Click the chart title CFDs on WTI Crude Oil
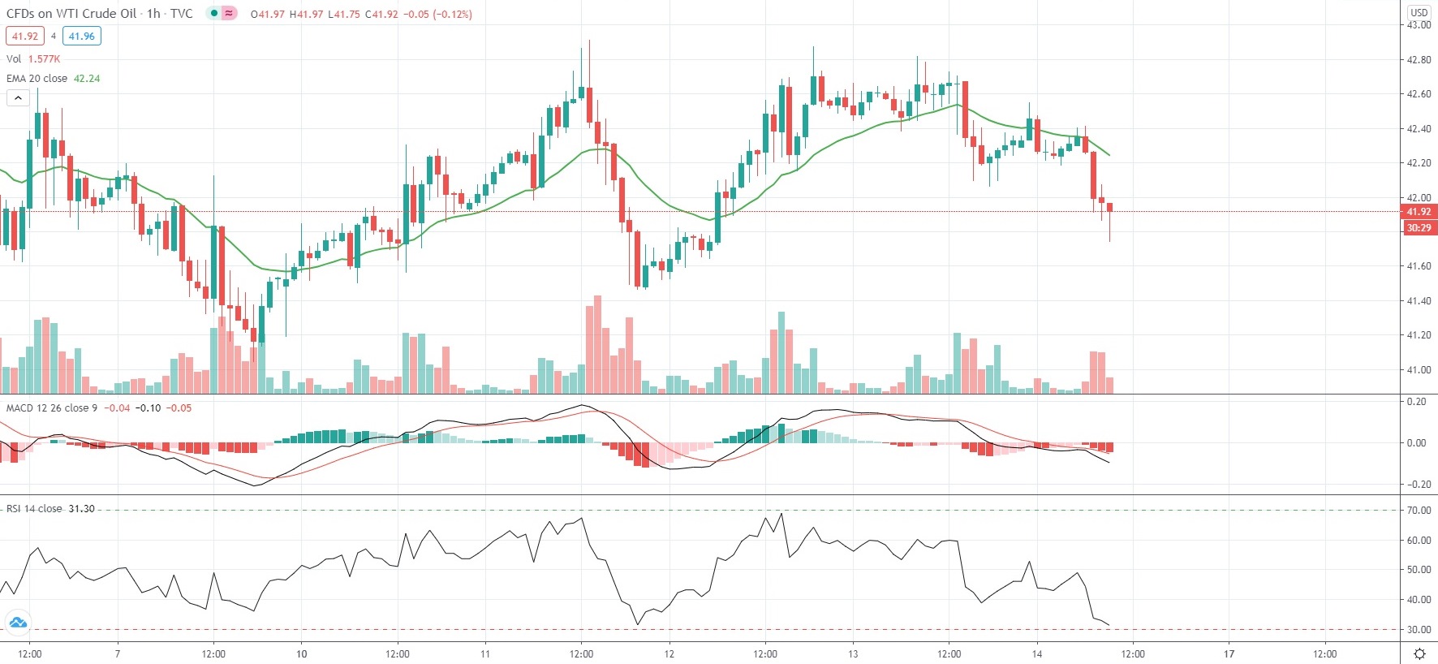point(71,14)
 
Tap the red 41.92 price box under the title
point(25,36)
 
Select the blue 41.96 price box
point(81,36)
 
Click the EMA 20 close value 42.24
point(87,79)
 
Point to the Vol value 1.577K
point(44,59)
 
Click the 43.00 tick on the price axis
point(1419,25)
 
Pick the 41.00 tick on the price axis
point(1419,370)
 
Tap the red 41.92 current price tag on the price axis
point(1419,212)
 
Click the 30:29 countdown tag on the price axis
point(1419,228)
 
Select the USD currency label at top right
point(1419,12)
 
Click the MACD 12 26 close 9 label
point(52,407)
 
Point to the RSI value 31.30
point(81,509)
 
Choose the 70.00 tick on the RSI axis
point(1419,511)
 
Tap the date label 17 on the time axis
point(1229,653)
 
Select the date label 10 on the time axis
point(301,653)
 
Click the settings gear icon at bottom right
point(1419,653)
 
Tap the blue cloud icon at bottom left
point(17,623)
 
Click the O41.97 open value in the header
point(267,14)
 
